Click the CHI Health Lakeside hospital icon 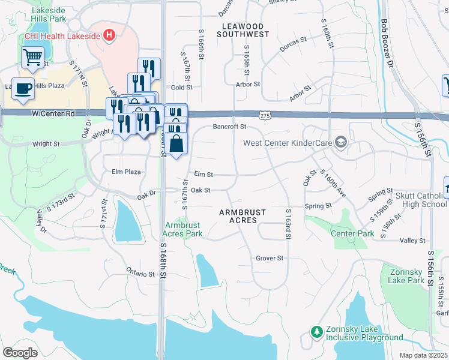[x=109, y=35]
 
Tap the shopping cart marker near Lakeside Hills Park [x=33, y=58]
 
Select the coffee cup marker [x=23, y=89]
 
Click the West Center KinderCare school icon [x=341, y=142]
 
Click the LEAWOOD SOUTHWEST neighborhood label [x=246, y=31]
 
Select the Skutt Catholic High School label [x=421, y=200]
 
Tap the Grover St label [x=269, y=258]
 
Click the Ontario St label [x=140, y=272]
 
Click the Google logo [x=20, y=353]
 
